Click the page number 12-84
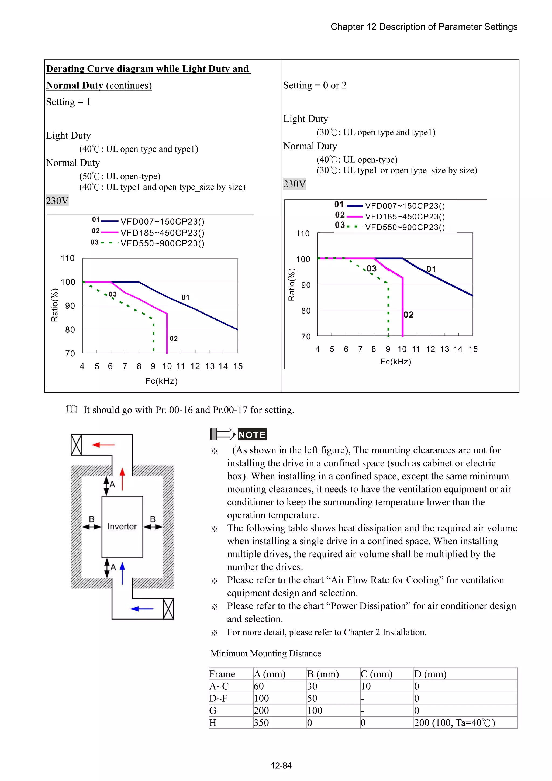(x=281, y=765)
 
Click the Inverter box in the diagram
(x=122, y=526)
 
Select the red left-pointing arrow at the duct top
(x=103, y=445)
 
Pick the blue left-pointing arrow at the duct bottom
(x=142, y=608)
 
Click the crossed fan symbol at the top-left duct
(x=76, y=445)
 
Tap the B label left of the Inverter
(x=91, y=519)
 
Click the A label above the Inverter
(x=113, y=484)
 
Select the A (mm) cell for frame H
(x=261, y=722)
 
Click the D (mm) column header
(x=430, y=674)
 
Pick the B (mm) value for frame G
(x=315, y=710)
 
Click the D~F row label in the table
(x=218, y=698)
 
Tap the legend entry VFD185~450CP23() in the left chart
(x=163, y=233)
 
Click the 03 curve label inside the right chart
(x=371, y=269)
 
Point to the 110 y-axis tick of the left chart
(x=67, y=258)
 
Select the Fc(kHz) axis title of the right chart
(x=396, y=362)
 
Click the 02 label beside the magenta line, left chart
(x=174, y=338)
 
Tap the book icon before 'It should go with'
(x=71, y=409)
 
